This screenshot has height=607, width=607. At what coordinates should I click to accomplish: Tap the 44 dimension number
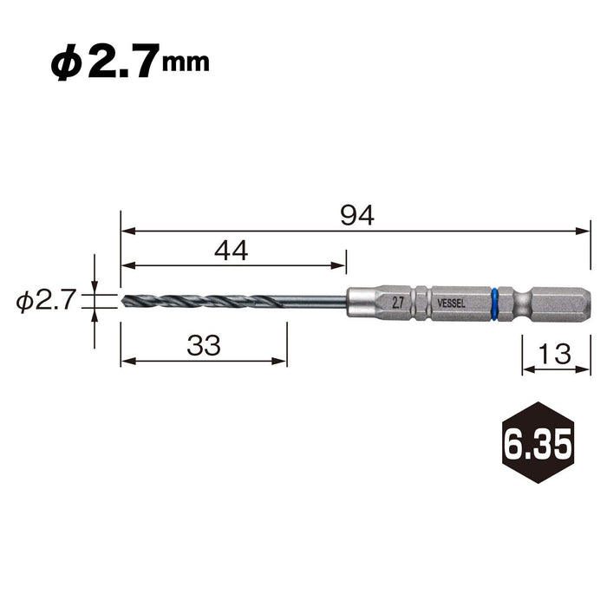click(231, 251)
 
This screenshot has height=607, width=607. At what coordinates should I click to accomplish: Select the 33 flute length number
click(204, 346)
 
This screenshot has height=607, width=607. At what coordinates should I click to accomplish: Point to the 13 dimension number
click(555, 355)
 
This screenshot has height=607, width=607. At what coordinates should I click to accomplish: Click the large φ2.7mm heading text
click(130, 66)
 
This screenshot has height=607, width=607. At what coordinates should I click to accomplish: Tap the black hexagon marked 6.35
click(538, 443)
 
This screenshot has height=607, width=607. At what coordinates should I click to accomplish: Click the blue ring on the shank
click(495, 301)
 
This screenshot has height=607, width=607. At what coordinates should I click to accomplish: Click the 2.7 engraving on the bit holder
click(398, 302)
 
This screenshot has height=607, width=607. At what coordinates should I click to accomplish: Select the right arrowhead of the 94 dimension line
click(584, 232)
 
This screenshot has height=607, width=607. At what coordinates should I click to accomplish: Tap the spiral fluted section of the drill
click(204, 301)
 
